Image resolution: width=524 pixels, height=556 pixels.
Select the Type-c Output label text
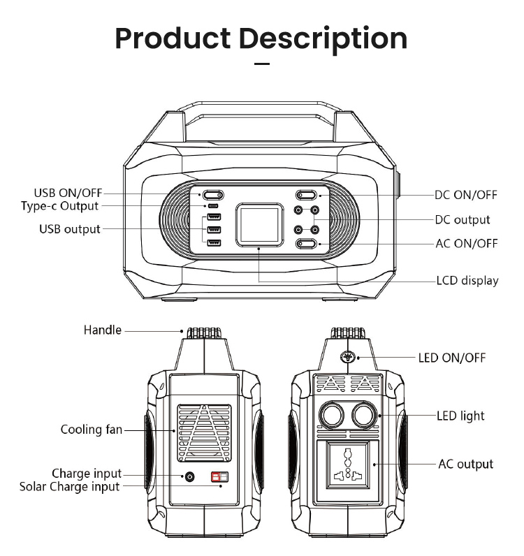59,206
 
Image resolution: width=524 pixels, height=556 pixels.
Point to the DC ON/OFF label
466,196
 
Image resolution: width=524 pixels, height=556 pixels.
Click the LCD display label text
467,281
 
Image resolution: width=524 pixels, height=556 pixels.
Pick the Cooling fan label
91,429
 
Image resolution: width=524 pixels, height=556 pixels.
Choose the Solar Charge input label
69,486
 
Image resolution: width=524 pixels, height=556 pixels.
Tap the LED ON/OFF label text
451,358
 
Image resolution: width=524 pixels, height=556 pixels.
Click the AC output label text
465,464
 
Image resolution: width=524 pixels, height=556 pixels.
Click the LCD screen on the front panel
260,224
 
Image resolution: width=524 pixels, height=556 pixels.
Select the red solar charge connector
220,476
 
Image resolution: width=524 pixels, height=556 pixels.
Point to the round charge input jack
189,476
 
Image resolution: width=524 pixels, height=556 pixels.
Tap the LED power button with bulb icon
347,358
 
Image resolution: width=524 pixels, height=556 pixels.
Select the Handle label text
103,330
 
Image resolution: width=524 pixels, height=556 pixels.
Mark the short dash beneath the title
261,64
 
